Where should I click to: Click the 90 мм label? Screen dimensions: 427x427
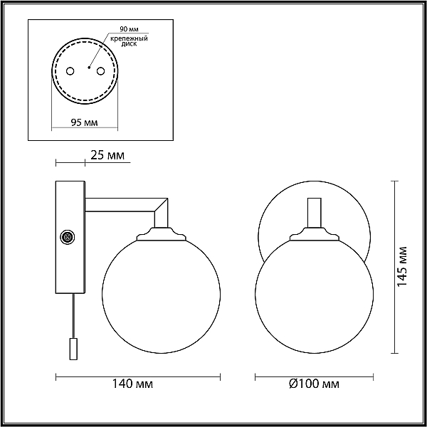pyautogui.click(x=130, y=29)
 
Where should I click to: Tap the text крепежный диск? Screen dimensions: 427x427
pyautogui.click(x=129, y=41)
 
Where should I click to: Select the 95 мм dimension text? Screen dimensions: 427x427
pyautogui.click(x=85, y=122)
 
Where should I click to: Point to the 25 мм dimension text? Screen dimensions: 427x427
pyautogui.click(x=107, y=155)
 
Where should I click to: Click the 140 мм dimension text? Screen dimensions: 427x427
pyautogui.click(x=132, y=384)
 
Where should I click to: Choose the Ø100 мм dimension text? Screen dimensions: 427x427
pyautogui.click(x=314, y=384)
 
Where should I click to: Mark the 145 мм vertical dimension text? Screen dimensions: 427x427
pyautogui.click(x=402, y=267)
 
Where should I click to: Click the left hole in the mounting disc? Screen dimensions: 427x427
pyautogui.click(x=70, y=71)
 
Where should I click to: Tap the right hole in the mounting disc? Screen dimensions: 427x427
pyautogui.click(x=101, y=71)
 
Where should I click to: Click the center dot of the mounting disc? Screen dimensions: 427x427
pyautogui.click(x=89, y=68)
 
